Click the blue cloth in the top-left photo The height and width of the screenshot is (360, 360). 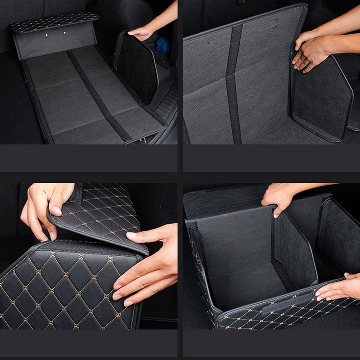click(x=163, y=45)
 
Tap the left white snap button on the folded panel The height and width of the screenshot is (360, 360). click(x=46, y=36)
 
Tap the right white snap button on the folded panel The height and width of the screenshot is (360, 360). click(x=64, y=33)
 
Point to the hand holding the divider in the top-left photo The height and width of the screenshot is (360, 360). click(x=141, y=33)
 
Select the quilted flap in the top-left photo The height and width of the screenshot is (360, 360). click(x=54, y=22)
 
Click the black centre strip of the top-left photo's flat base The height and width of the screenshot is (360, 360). click(x=98, y=95)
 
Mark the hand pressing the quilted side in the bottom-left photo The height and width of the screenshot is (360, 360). click(x=148, y=267)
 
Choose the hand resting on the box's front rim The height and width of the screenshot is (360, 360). click(x=337, y=287)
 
